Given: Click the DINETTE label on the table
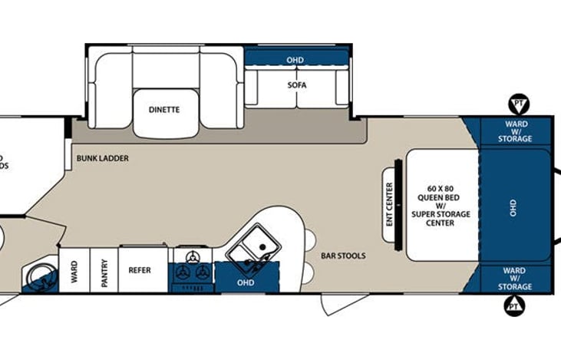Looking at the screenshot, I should point(164,110).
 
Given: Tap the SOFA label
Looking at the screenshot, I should point(296,85).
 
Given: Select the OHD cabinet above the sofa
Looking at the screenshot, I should point(295,59).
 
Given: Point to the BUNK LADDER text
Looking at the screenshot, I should point(102,159).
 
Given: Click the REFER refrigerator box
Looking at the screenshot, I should point(140,270).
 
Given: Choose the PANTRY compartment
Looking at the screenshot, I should point(104,270).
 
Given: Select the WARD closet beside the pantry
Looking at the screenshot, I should point(74,270).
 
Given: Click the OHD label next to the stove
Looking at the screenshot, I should point(246,282).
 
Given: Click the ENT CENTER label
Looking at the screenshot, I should point(389,202).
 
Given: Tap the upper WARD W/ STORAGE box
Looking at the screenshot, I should point(515,130).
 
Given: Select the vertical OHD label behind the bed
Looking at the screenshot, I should point(513,206).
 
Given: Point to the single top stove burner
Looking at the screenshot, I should point(192,256).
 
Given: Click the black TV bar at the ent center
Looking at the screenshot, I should point(398,202).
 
